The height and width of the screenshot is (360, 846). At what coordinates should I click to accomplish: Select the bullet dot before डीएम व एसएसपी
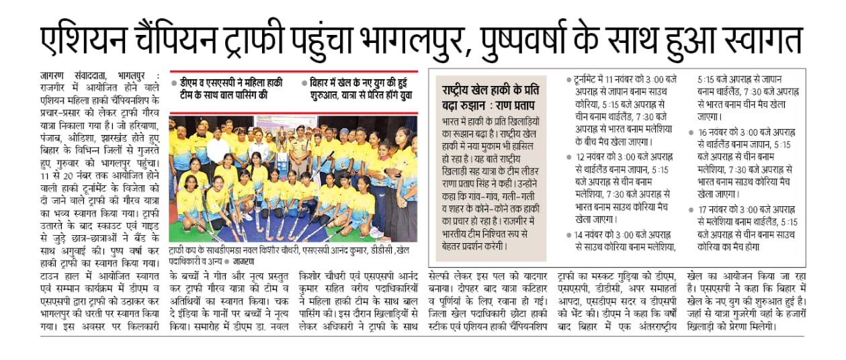pyautogui.click(x=173, y=83)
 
